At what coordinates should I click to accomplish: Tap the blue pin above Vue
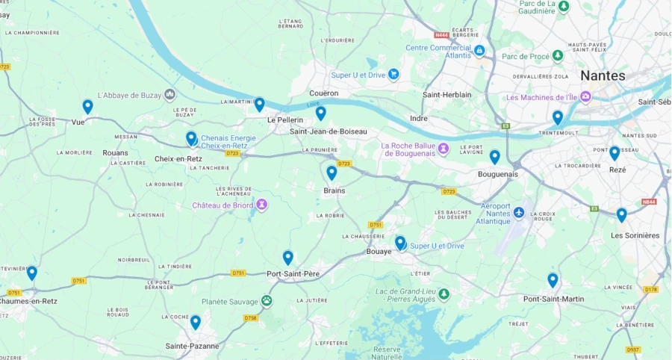(87, 106)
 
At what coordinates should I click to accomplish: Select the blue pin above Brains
(332, 173)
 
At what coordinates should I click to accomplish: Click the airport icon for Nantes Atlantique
(519, 205)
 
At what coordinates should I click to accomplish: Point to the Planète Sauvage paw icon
(267, 300)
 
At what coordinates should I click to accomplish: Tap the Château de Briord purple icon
(261, 205)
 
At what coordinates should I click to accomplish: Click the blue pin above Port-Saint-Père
(287, 258)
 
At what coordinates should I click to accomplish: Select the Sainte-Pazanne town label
(192, 346)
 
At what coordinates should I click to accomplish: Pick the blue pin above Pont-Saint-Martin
(553, 280)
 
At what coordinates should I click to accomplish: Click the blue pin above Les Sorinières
(621, 214)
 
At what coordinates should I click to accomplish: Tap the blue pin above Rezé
(615, 153)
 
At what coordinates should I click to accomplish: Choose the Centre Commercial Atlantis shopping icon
(479, 50)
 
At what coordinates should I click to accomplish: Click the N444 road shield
(441, 34)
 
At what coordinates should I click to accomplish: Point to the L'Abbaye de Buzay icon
(170, 94)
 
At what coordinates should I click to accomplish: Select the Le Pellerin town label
(285, 120)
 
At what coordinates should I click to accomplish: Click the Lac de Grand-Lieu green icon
(444, 294)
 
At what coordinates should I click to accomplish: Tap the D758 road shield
(250, 318)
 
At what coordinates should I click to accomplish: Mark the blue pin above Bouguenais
(494, 157)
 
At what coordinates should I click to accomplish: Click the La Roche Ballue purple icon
(443, 146)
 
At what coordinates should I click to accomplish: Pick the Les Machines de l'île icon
(585, 97)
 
